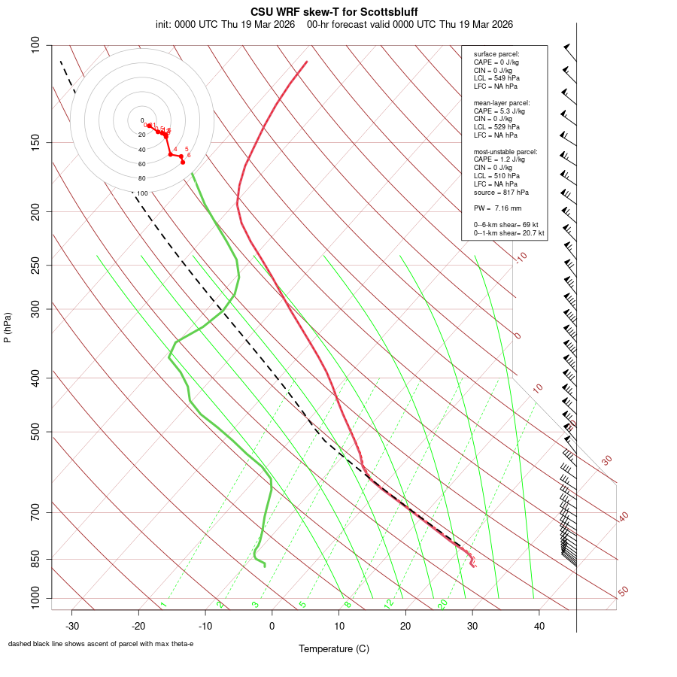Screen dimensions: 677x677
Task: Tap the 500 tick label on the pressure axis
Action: (35, 432)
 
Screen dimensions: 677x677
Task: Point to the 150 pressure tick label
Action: (35, 142)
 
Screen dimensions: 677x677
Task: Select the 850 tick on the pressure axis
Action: (35, 559)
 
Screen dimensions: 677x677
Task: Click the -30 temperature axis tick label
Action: (72, 626)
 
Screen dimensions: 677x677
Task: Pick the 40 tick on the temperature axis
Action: (539, 626)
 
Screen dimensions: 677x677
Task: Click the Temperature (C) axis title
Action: (334, 648)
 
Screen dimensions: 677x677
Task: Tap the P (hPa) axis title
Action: (8, 327)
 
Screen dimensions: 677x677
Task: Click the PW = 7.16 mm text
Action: (497, 208)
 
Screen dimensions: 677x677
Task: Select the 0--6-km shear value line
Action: (508, 225)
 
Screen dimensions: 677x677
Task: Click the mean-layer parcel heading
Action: (502, 102)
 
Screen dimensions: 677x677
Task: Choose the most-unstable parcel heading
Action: (505, 151)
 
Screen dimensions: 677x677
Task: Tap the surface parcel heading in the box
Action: (496, 54)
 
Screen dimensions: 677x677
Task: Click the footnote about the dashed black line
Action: (101, 644)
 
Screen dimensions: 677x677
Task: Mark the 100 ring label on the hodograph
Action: (142, 193)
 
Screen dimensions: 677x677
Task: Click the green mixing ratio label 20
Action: (442, 604)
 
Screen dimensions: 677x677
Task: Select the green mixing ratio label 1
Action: (162, 605)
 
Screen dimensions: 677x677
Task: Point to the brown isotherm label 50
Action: (623, 592)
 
